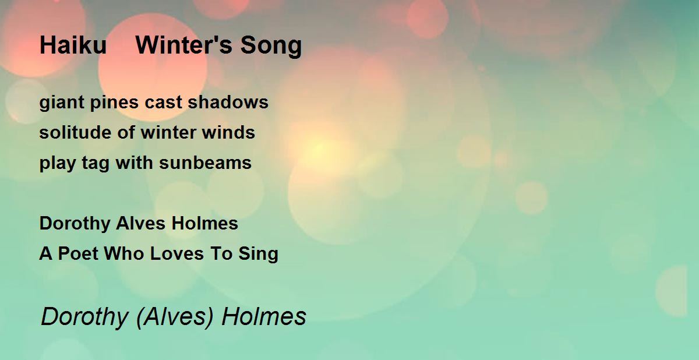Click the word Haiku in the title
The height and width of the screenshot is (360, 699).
(x=73, y=45)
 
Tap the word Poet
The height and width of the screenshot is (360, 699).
(x=78, y=253)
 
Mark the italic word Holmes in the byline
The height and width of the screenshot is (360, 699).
(x=264, y=316)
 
